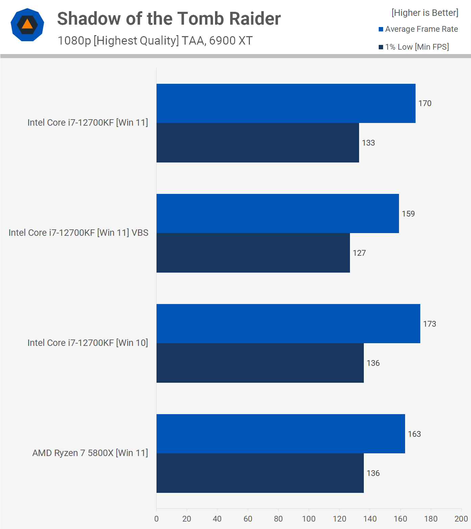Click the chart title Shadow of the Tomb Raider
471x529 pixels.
pos(169,19)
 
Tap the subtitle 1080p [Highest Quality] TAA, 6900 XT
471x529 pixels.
pos(155,41)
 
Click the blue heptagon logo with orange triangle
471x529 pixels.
pos(27,25)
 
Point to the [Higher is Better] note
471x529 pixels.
pos(425,13)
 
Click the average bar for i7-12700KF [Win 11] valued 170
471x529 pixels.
pos(286,103)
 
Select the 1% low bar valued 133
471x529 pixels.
pos(258,143)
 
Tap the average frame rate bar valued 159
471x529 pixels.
pos(278,213)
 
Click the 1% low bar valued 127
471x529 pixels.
pos(253,253)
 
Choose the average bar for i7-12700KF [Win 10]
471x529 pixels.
pos(288,324)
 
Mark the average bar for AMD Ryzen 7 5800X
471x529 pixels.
pos(281,434)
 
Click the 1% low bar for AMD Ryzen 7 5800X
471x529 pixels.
pos(260,473)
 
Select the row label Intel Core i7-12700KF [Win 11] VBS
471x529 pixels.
pos(78,233)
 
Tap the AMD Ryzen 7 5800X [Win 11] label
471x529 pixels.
pos(90,453)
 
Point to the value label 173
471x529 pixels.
pos(429,324)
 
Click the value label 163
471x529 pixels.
pos(414,434)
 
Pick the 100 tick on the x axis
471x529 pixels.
pos(309,519)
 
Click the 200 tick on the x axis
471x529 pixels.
pos(461,519)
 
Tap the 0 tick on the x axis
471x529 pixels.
pos(156,519)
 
